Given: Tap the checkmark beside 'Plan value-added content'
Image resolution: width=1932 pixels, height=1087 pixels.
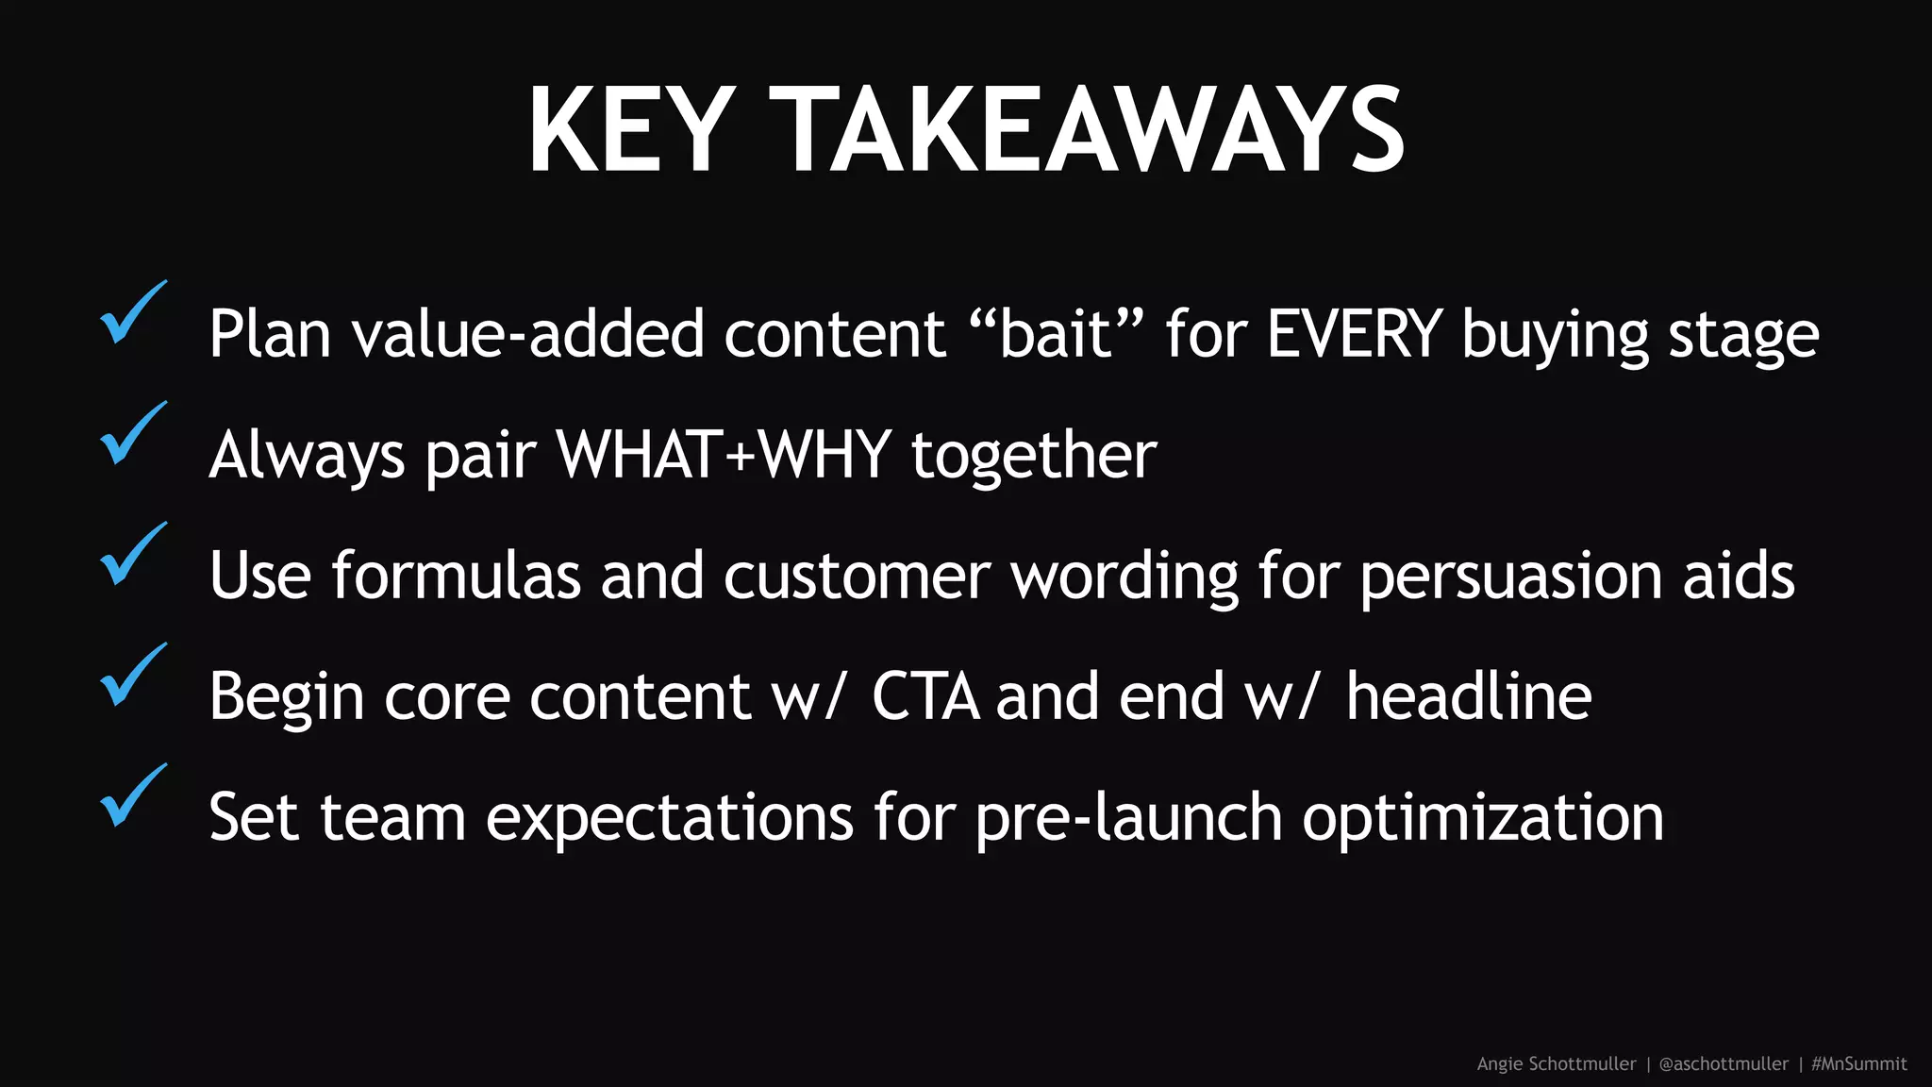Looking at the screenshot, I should coord(131,314).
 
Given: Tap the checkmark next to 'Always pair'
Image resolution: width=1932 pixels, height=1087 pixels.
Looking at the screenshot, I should coord(131,435).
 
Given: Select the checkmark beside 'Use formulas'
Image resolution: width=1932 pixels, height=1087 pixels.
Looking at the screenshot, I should coord(131,556).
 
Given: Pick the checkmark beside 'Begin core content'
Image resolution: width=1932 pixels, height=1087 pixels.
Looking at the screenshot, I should coord(131,677).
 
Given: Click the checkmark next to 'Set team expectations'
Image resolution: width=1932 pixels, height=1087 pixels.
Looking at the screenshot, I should coord(131,797).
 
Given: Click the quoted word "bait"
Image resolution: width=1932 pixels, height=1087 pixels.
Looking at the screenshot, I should coord(1056,334).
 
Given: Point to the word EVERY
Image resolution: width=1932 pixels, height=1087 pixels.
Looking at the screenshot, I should coord(1355,334).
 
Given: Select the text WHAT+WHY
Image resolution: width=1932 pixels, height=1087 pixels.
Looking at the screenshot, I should coord(724,455).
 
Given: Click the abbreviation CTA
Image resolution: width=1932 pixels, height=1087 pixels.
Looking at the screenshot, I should coord(924,696).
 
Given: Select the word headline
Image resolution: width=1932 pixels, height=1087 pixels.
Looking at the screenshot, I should coord(1469,696).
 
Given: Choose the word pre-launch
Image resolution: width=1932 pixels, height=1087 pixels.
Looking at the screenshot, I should coord(1128,817).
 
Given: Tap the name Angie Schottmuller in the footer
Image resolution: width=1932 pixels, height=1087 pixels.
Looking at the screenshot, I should coord(1557,1064).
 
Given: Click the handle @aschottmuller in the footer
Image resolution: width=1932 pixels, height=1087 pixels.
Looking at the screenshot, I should coord(1724,1064).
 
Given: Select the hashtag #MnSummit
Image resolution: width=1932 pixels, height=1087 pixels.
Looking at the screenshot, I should coord(1859,1064).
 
